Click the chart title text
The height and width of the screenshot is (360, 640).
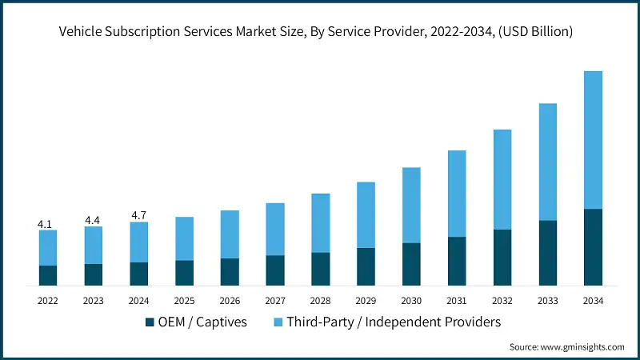tap(320, 31)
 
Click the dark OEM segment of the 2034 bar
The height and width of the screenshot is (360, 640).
tap(593, 247)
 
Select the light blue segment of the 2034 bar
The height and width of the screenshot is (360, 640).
tap(593, 140)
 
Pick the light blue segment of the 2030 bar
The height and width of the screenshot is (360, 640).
tap(411, 205)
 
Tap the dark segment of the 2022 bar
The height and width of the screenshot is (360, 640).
tap(47, 275)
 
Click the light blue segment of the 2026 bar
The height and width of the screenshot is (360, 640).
tap(230, 234)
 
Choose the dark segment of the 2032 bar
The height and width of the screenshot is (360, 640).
tap(502, 258)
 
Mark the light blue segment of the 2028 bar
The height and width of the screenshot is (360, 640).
tap(320, 223)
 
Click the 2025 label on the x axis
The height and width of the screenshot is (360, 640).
tap(184, 301)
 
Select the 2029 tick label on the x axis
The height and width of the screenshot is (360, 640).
tap(366, 301)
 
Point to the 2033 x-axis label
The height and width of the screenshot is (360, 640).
tap(547, 301)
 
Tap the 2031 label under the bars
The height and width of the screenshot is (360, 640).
tap(457, 301)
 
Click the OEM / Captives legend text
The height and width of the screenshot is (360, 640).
tap(202, 322)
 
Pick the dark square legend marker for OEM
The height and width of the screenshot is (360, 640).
tap(149, 322)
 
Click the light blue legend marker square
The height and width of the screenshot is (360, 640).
tap(277, 322)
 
